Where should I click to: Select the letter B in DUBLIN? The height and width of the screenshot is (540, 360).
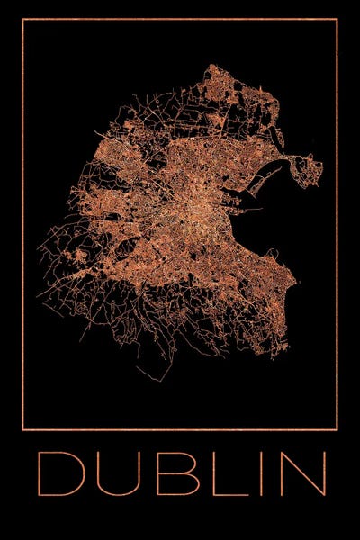point(167,473)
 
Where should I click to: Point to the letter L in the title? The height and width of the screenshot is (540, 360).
point(216,473)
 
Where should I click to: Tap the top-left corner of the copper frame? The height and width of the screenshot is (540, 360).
point(22,19)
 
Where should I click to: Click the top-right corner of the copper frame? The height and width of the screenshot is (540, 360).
point(337,19)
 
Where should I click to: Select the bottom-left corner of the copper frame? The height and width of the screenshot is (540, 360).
point(22,429)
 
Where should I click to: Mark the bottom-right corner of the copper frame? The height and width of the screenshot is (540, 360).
point(337,429)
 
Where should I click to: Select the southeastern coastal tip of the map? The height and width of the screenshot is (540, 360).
point(292,297)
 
